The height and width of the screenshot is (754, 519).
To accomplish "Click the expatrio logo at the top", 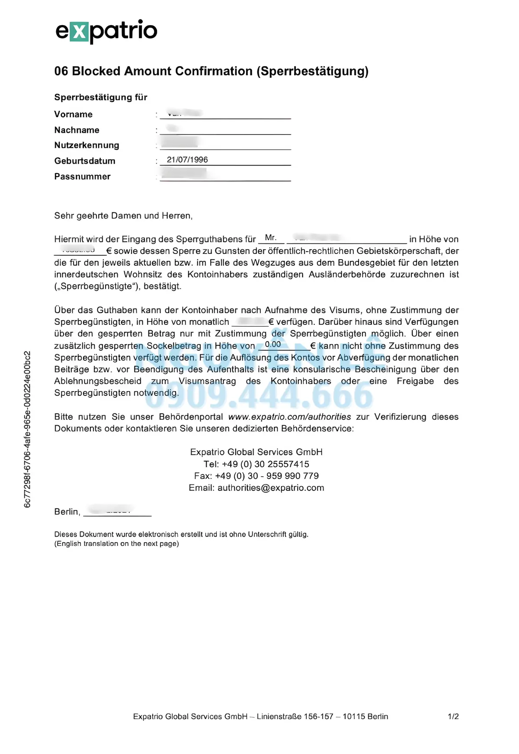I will (x=106, y=31).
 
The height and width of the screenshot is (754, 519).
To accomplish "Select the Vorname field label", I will (x=74, y=115).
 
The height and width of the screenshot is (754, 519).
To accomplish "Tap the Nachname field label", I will (x=77, y=130).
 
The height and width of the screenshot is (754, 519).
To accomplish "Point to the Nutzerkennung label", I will (x=86, y=145).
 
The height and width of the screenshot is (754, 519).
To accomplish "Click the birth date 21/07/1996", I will (x=187, y=160).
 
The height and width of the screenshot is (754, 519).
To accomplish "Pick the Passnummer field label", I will (x=82, y=176).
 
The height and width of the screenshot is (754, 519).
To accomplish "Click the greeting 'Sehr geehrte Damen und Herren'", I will (x=123, y=216).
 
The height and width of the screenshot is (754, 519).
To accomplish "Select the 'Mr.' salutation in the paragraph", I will (x=271, y=237).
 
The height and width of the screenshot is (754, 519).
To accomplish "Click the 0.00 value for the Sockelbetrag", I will (x=273, y=344).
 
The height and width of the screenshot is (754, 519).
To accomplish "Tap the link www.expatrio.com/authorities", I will (x=289, y=417).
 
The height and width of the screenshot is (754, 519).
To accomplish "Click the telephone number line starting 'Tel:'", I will (x=256, y=464).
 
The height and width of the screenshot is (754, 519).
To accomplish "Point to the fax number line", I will (x=256, y=476).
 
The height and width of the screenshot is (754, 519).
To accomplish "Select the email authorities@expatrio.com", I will (x=271, y=488).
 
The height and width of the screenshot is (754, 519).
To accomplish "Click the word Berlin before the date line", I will (x=67, y=512).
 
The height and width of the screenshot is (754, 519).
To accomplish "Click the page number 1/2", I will (x=453, y=716).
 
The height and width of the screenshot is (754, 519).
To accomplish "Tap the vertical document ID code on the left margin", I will (x=27, y=429).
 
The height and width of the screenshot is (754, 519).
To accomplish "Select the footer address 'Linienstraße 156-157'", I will (x=295, y=716).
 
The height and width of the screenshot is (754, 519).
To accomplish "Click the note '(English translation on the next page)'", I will (x=117, y=544).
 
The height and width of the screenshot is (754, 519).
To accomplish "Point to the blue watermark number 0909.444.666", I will (x=259, y=395).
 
